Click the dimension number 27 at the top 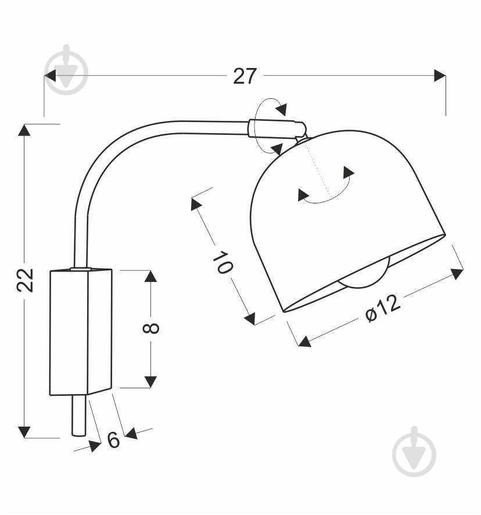click(x=245, y=76)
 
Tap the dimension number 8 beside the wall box click(x=150, y=328)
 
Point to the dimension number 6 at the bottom click(x=114, y=440)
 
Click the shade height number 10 click(x=222, y=263)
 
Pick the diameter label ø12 click(x=383, y=307)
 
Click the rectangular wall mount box click(x=80, y=331)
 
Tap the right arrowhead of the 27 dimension click(x=440, y=76)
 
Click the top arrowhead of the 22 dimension click(x=24, y=130)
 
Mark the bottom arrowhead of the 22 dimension click(x=24, y=431)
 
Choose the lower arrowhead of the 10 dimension click(x=250, y=318)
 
